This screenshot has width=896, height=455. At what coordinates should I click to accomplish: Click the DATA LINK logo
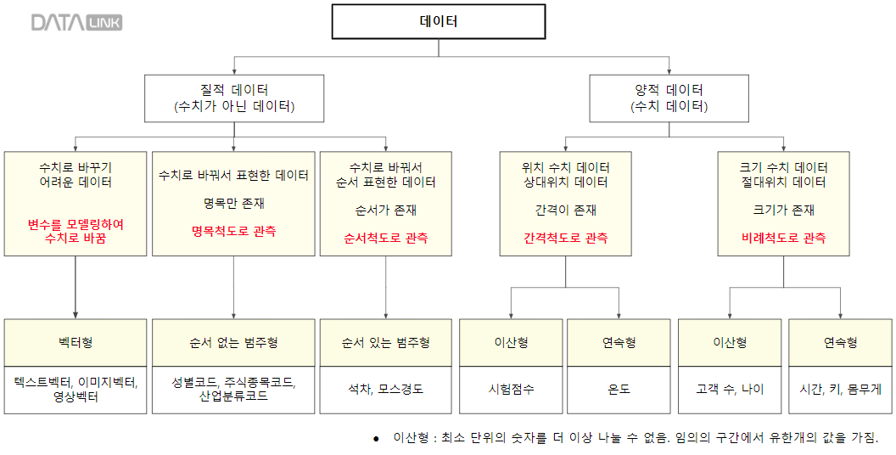tap(76, 23)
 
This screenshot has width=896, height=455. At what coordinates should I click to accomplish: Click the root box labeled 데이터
tap(439, 22)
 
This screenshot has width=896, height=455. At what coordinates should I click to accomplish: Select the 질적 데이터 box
tap(233, 98)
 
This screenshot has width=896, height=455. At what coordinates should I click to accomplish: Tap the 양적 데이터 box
tap(669, 98)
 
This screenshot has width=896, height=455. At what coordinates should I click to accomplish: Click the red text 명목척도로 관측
tap(233, 231)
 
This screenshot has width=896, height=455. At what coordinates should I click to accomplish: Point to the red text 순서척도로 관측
tap(386, 239)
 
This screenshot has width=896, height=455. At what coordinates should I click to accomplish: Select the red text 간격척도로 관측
tap(566, 239)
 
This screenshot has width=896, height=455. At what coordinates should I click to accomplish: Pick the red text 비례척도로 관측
tap(784, 239)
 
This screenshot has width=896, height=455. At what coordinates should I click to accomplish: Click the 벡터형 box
tap(76, 342)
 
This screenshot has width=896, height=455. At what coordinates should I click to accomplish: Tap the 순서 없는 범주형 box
tap(233, 342)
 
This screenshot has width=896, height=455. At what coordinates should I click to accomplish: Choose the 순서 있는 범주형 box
tap(386, 342)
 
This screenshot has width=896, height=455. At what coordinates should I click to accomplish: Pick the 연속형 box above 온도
tap(619, 342)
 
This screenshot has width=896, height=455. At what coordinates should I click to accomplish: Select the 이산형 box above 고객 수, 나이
tap(730, 342)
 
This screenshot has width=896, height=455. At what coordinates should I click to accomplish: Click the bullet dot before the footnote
tap(375, 439)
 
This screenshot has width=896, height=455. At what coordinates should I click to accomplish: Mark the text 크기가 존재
tap(784, 210)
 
